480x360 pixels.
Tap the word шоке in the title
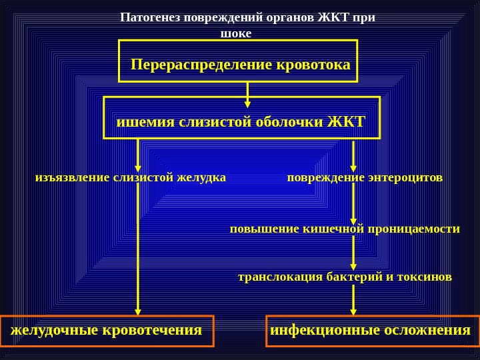pos(236,33)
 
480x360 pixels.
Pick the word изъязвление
pos(72,177)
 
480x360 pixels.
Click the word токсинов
pos(426,276)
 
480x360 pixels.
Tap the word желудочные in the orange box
pos(53,330)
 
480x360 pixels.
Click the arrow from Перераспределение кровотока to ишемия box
pos(247,94)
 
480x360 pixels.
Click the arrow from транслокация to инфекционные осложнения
pos(353,299)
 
